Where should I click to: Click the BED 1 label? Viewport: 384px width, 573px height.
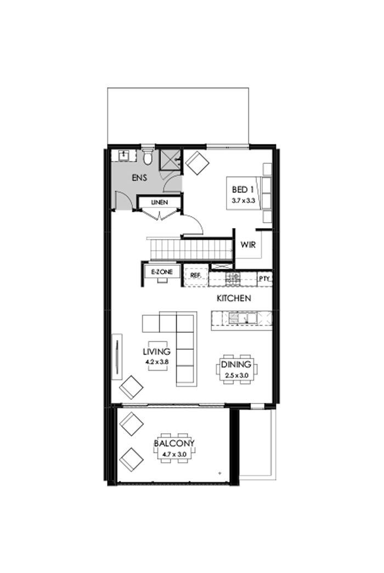pos(242,190)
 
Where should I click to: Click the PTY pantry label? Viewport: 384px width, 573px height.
pos(264,278)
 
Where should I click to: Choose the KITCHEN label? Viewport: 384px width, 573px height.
pos(234,299)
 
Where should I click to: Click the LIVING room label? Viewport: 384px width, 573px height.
pos(156,351)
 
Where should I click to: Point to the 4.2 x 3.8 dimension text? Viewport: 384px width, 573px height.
pos(156,362)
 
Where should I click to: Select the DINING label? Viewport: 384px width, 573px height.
pos(236,365)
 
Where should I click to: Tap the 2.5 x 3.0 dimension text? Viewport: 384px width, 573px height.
pos(236,376)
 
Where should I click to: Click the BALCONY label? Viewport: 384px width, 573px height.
pos(174,444)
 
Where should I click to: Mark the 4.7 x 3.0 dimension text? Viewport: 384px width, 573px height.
pos(174,454)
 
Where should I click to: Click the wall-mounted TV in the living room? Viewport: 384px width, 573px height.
pos(116,356)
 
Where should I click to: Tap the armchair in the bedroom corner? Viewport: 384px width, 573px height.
pos(197,162)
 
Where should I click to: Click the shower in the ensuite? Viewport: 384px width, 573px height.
pos(170,158)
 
